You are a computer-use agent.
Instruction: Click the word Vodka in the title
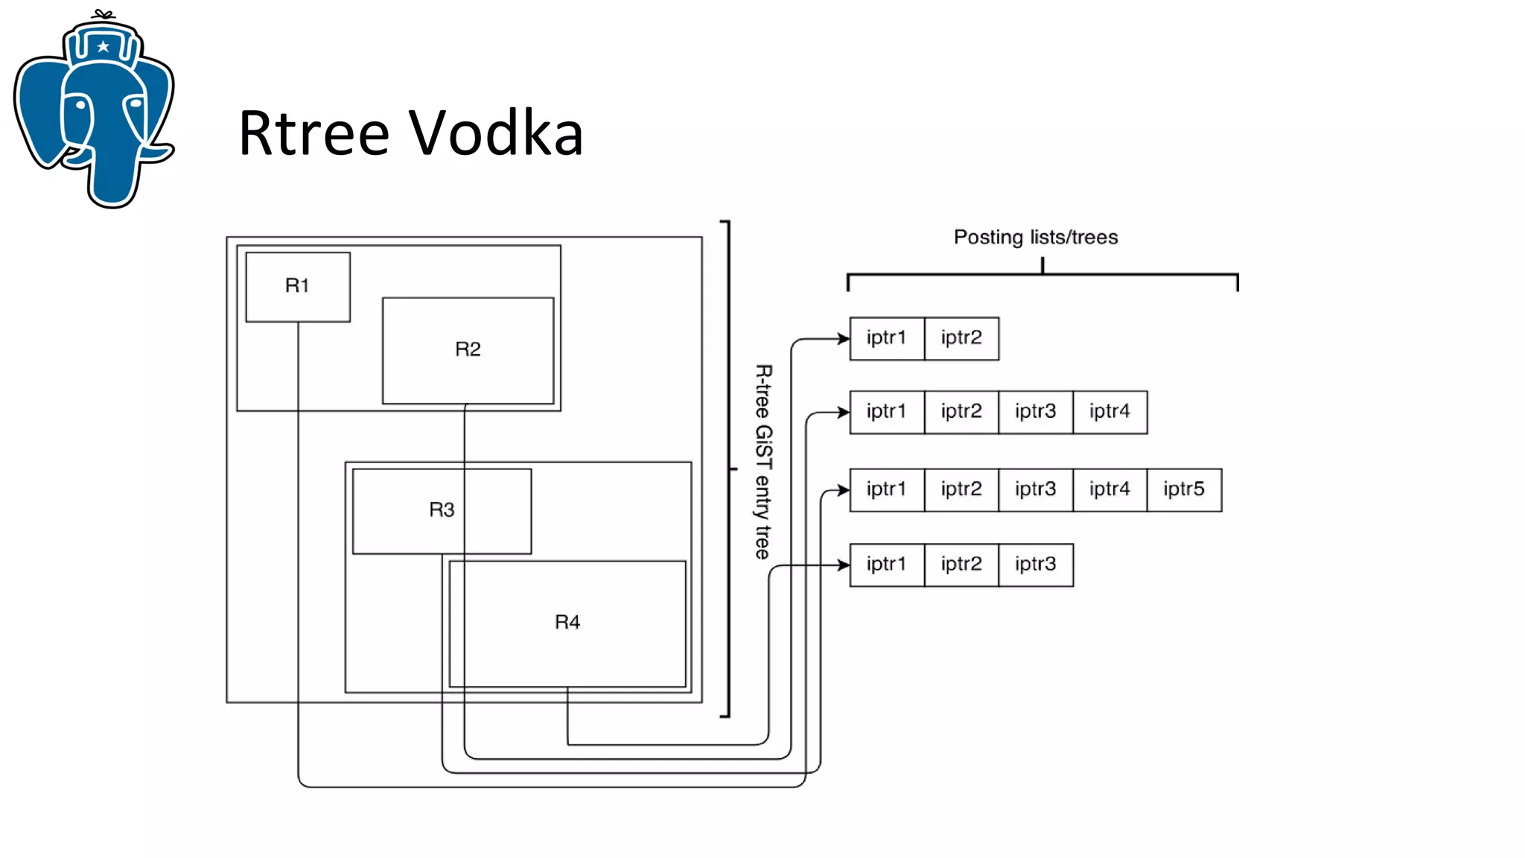point(496,133)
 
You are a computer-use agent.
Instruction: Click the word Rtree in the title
point(313,133)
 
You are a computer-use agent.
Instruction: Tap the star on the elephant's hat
point(104,47)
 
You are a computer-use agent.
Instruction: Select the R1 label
point(297,285)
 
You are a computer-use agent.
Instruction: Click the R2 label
point(468,349)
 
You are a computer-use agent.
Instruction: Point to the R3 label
point(442,509)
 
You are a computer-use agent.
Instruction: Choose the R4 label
point(567,622)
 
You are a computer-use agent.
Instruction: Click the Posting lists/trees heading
point(1036,237)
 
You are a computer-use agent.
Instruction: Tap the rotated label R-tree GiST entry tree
point(763,462)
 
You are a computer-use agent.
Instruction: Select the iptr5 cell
point(1184,489)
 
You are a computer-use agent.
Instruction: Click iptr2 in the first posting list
point(961,338)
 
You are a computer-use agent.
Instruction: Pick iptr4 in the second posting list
point(1109,412)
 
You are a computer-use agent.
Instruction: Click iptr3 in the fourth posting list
point(1035,565)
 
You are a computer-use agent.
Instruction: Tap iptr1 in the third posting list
point(886,489)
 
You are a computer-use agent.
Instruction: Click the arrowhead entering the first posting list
point(844,339)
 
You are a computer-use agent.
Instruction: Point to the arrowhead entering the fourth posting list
point(844,565)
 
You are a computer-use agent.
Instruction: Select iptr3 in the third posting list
point(1035,489)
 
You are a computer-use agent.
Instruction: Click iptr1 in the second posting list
point(886,412)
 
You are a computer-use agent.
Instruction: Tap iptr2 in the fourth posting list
point(961,565)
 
